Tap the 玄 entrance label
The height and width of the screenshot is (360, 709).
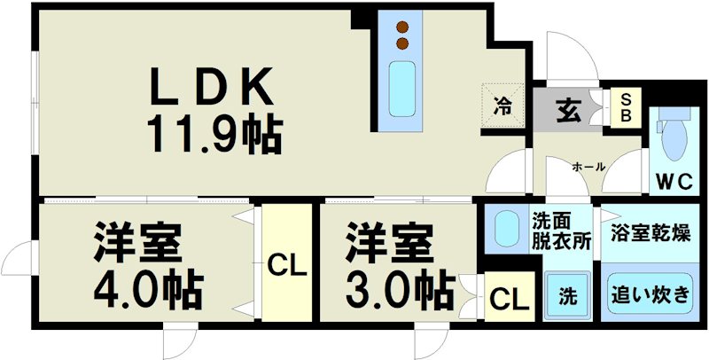(x=566, y=110)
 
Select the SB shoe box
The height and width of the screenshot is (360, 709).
(x=626, y=107)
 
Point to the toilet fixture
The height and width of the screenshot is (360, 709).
(x=674, y=138)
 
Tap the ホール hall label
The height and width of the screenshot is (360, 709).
(x=589, y=167)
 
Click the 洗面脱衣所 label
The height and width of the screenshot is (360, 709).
(x=560, y=231)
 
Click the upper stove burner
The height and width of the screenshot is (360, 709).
(x=403, y=26)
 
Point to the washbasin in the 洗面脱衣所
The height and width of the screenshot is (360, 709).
(x=506, y=230)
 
